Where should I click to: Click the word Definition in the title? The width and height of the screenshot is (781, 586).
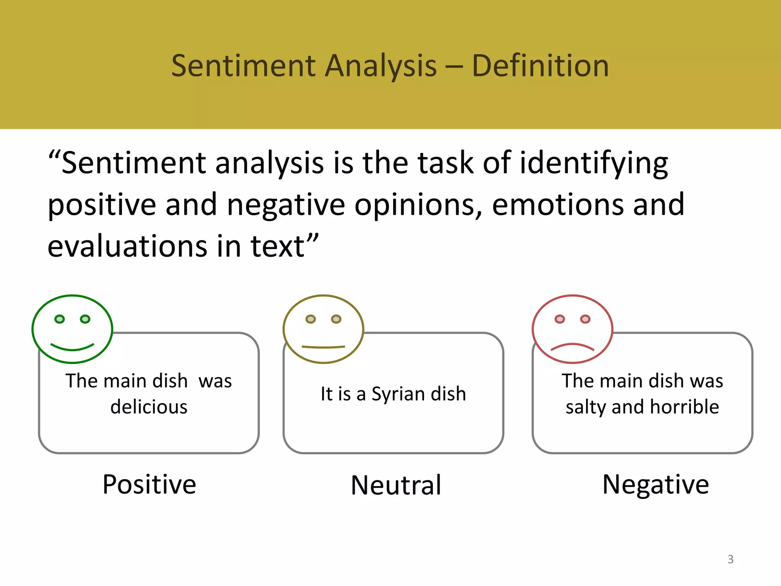tap(540, 66)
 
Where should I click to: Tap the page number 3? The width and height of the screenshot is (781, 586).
tap(730, 559)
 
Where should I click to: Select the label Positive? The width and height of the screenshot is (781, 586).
tap(149, 485)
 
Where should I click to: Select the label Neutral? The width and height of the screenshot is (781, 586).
tap(396, 485)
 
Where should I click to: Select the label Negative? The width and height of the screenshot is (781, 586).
tap(655, 485)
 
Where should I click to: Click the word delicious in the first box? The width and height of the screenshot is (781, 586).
tap(149, 407)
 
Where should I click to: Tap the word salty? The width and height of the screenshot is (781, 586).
tap(586, 407)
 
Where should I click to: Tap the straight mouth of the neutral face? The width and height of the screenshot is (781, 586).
tap(323, 347)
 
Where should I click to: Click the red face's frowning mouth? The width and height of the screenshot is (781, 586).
tap(572, 347)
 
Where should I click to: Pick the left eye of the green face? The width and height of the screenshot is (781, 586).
tap(59, 319)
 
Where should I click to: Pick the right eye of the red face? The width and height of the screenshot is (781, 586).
tap(585, 319)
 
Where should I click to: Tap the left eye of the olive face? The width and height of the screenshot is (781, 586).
tap(311, 319)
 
